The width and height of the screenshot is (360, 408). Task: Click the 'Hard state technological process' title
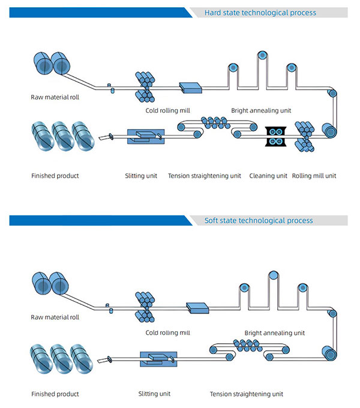coord(260,13)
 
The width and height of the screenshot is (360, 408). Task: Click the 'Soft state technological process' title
coord(259,220)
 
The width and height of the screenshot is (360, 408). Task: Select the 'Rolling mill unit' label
coord(314,176)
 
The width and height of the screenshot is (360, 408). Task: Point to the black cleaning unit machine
coord(277,136)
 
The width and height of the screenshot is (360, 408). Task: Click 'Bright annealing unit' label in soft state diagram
coord(274,332)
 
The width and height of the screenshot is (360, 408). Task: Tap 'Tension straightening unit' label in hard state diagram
coord(205,176)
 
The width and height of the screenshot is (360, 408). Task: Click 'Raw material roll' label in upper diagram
coord(55,97)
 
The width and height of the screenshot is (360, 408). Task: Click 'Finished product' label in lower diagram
coord(55,394)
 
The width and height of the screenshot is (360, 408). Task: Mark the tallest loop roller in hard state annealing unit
coord(262,55)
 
